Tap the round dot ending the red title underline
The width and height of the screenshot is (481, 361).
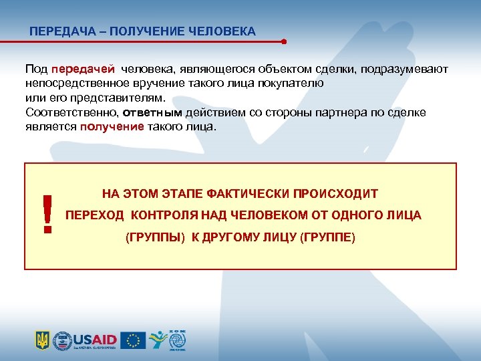(284, 41)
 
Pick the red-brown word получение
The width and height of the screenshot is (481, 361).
(112, 126)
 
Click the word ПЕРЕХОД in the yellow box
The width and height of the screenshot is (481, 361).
(95, 215)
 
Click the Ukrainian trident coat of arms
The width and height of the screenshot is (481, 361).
(42, 340)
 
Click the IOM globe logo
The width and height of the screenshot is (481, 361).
(178, 340)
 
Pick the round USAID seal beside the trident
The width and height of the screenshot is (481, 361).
(61, 340)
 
